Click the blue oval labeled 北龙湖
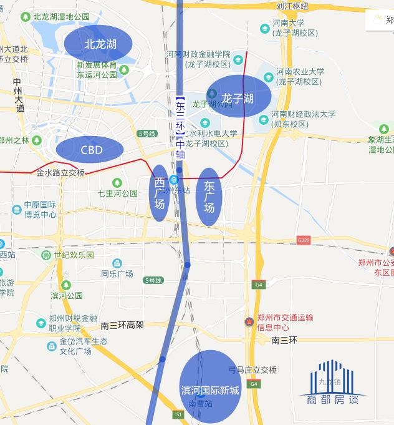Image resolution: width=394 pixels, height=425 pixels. pos(98,44)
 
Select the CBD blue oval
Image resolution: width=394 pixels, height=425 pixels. pos(89,149)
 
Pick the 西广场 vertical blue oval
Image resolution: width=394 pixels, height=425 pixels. pos(160,193)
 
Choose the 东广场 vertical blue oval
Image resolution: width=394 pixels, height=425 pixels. pos(209,196)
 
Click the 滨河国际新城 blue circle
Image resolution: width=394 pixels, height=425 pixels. pos(210,387)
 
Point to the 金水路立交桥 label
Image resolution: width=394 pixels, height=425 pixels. pos(60,173)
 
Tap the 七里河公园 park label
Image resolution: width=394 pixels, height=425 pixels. pos(117,193)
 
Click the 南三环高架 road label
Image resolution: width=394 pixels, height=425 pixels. pos(122,325)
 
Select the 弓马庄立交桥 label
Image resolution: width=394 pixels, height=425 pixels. pos(252,370)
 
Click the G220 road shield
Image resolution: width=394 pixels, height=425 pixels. pos(304,240)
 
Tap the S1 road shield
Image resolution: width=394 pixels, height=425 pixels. pos(179,414)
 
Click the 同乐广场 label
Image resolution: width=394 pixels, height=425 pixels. pos(117,273)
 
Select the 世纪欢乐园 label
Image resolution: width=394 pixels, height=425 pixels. pos(74,255)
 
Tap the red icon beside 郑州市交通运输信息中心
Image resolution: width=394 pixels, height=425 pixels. pos(249,322)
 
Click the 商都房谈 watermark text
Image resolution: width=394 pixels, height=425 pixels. pos(329,399)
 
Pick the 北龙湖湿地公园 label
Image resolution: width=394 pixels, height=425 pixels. pos(61,17)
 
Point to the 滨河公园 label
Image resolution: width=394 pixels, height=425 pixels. pos(67,295)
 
